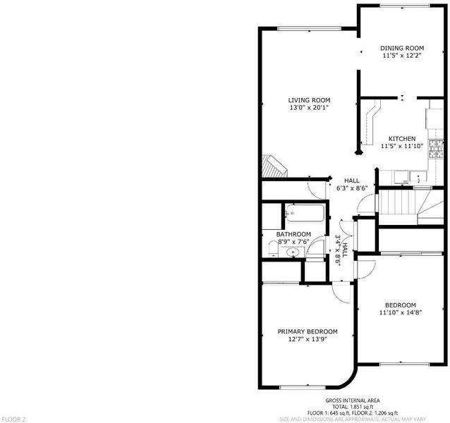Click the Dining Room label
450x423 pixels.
click(x=402, y=48)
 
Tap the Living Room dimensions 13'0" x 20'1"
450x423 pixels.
click(x=309, y=108)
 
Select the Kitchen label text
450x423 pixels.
click(x=402, y=139)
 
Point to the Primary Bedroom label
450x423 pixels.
click(x=308, y=332)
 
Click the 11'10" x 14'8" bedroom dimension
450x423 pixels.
click(x=401, y=312)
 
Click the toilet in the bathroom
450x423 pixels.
click(x=273, y=248)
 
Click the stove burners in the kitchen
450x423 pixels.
click(x=436, y=149)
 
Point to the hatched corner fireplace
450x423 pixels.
click(x=274, y=166)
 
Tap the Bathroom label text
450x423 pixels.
click(x=293, y=234)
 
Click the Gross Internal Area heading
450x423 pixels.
click(x=353, y=400)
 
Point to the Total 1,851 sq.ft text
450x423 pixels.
click(x=353, y=407)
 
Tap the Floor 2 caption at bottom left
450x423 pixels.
click(x=13, y=419)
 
